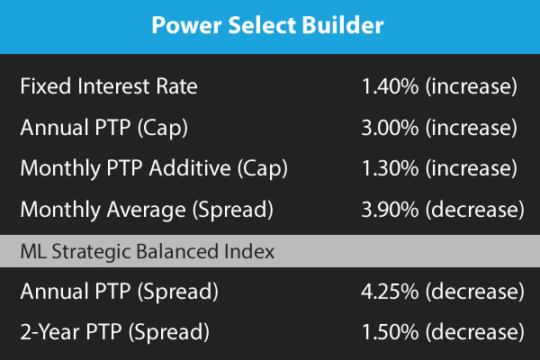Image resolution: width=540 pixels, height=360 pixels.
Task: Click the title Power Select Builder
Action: (267, 25)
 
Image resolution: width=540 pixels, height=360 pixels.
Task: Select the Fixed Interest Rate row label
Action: (109, 85)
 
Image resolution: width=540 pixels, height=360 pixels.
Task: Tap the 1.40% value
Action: (391, 86)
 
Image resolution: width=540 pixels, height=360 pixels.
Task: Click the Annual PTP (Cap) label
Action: (104, 128)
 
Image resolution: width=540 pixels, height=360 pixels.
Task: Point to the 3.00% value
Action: (391, 128)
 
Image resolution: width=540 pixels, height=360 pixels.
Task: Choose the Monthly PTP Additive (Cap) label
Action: (154, 169)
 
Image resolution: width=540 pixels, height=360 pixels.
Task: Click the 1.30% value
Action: (391, 168)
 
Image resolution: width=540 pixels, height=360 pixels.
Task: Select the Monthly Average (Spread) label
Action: (147, 210)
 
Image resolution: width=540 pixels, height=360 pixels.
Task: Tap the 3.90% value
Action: (391, 210)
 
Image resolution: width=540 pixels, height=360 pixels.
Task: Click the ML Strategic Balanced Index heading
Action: (148, 251)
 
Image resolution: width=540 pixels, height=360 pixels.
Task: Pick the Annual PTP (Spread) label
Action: (119, 292)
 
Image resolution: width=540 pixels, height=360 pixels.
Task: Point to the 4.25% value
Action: (391, 292)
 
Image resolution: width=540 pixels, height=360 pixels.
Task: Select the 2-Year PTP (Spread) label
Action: (114, 332)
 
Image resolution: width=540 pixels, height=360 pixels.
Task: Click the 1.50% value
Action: (391, 332)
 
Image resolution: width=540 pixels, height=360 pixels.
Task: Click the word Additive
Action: (190, 167)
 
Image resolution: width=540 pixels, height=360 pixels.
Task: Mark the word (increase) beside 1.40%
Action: (472, 86)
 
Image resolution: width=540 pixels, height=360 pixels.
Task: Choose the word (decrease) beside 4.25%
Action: (475, 292)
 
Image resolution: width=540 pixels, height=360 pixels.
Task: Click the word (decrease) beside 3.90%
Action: (475, 210)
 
